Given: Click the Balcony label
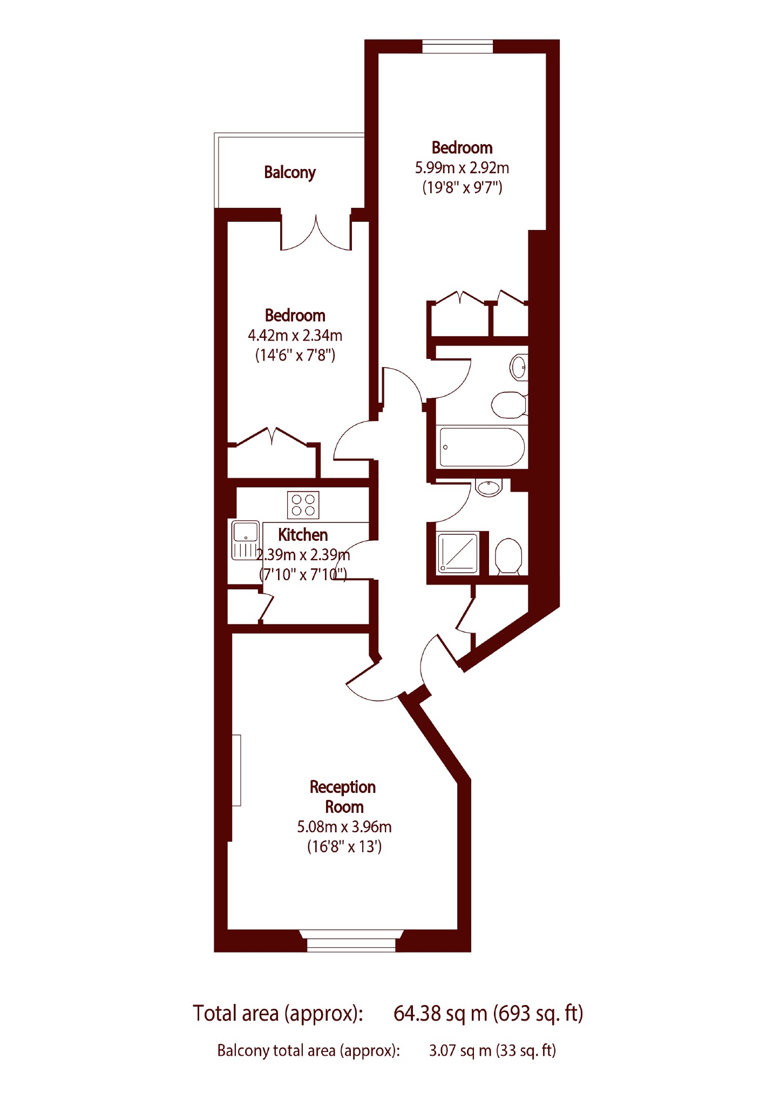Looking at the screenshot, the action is coord(289,173).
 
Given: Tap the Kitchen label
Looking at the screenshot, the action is coord(303,534).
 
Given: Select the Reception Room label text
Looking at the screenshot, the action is coord(343,797).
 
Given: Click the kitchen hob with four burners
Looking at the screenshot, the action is coord(303,505).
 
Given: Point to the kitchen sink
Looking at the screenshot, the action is coord(246,540).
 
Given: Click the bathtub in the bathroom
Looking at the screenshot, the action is coord(482,447).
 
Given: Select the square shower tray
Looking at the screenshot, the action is coord(458,553).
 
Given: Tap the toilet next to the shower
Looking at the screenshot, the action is coord(508,556).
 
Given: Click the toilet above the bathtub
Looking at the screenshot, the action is coord(509,405).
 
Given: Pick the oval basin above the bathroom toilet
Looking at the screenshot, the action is coord(519,367).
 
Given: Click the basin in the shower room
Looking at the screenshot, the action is coord(489,487).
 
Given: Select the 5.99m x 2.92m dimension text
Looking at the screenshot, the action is coord(462,168).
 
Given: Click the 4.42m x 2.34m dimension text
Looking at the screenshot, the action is coord(295,336).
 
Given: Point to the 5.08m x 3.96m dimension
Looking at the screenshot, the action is coord(344,826).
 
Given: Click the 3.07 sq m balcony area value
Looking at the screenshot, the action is coord(460,1050).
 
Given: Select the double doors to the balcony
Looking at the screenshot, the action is coord(316,232).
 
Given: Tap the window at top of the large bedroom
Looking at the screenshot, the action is coord(458,46).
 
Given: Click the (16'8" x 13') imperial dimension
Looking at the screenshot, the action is coord(344,846).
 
